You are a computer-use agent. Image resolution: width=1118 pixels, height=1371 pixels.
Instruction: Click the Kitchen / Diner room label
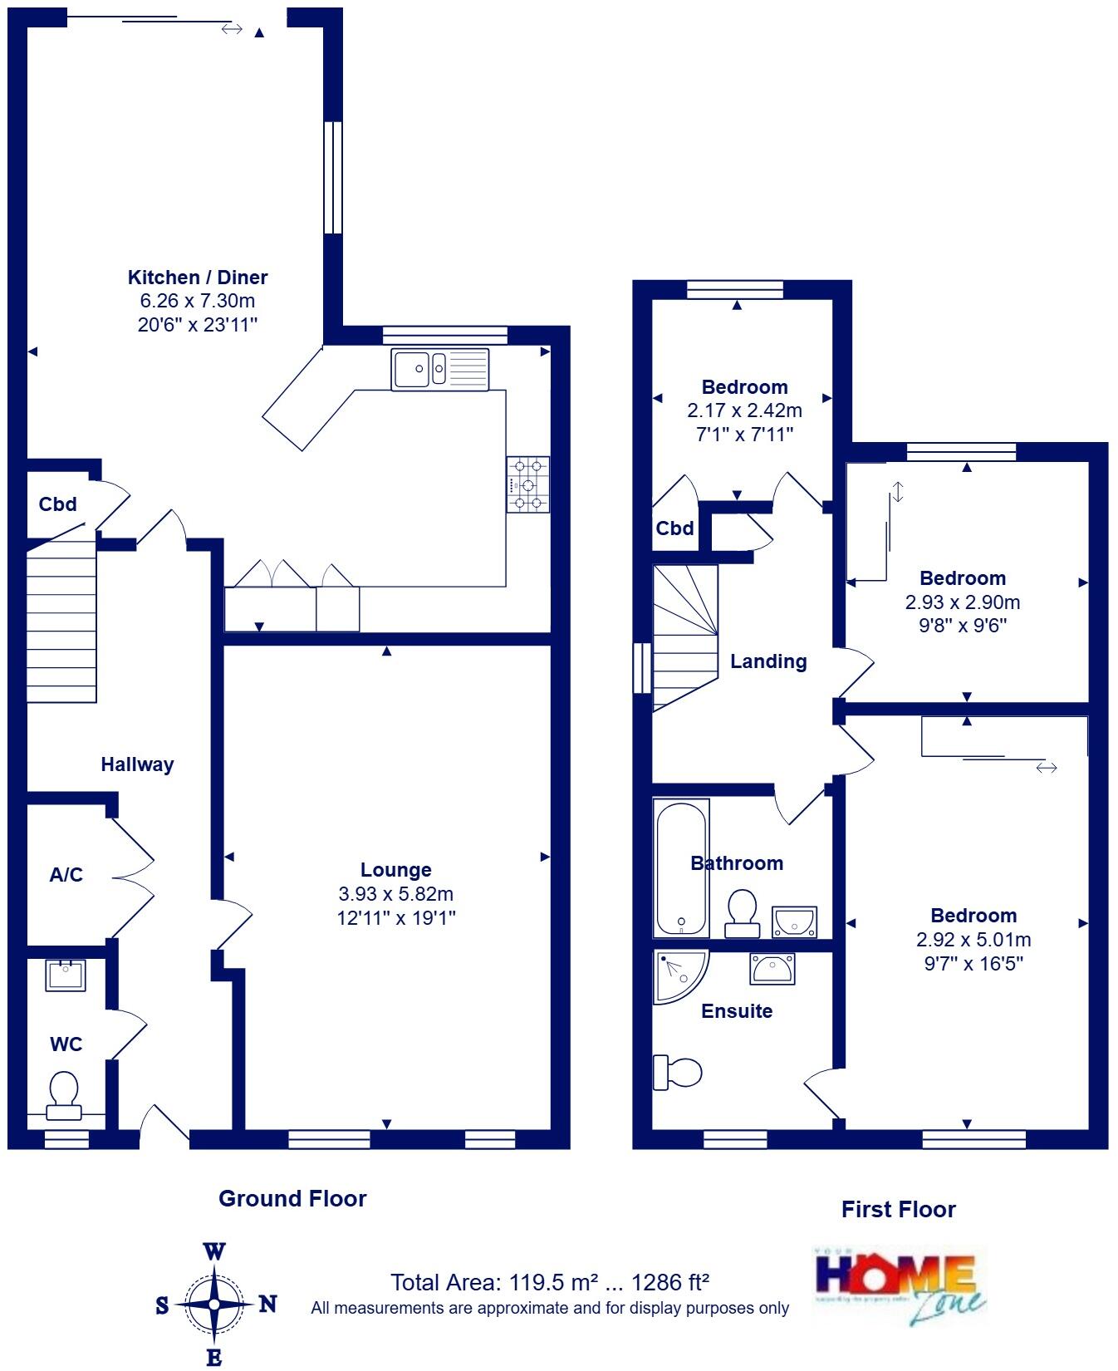click(198, 278)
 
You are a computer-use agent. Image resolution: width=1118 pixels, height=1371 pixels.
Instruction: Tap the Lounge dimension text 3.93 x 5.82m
click(395, 894)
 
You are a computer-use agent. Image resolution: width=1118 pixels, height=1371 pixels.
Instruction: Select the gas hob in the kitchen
click(528, 484)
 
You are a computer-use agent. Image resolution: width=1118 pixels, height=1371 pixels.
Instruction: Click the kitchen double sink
click(441, 369)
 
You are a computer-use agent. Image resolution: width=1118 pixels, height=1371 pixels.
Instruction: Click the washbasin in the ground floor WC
click(66, 975)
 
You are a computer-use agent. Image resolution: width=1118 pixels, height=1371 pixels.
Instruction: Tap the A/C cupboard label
click(66, 875)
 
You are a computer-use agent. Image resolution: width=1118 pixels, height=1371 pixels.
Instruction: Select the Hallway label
click(137, 764)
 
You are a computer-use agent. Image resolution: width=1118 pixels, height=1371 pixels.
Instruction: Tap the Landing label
click(768, 661)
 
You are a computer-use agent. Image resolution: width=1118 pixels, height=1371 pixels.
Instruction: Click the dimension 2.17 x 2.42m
click(744, 410)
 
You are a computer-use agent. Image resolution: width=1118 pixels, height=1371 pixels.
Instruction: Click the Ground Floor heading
click(292, 1198)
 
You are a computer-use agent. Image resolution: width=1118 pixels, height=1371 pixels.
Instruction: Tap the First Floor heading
click(898, 1209)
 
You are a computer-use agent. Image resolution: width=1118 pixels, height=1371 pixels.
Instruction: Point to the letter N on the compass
click(267, 1304)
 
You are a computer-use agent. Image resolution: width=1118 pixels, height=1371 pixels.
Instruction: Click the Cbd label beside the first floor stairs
click(674, 528)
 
